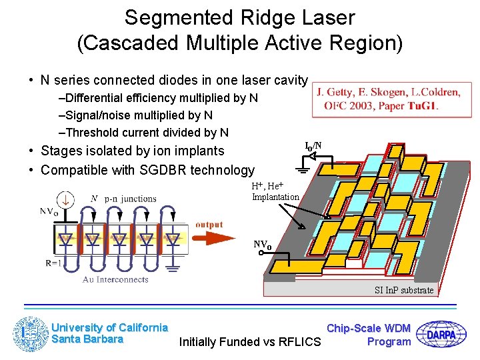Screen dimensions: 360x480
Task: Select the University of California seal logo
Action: (30, 334)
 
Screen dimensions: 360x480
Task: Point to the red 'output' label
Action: (209, 225)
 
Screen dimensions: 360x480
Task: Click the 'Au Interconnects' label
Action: (115, 279)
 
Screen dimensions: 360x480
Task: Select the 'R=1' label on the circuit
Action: (55, 263)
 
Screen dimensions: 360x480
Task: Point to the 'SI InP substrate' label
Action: (404, 289)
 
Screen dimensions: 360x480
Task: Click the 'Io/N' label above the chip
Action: (313, 146)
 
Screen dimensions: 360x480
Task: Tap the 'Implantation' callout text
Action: (275, 197)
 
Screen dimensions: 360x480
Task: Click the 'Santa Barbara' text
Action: (87, 339)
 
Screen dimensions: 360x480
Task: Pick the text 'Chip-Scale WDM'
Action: (369, 328)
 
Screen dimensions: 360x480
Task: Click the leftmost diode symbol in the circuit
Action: (66, 238)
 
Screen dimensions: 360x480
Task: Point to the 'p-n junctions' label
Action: (130, 199)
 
